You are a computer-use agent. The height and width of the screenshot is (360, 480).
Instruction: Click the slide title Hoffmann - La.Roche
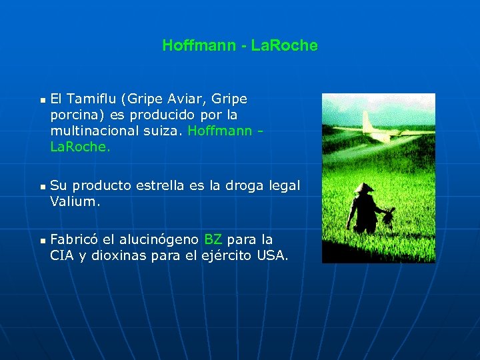pos(240,46)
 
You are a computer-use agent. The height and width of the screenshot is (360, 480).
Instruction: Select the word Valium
pos(75,201)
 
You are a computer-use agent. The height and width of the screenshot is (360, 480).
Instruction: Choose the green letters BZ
pos(213,239)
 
